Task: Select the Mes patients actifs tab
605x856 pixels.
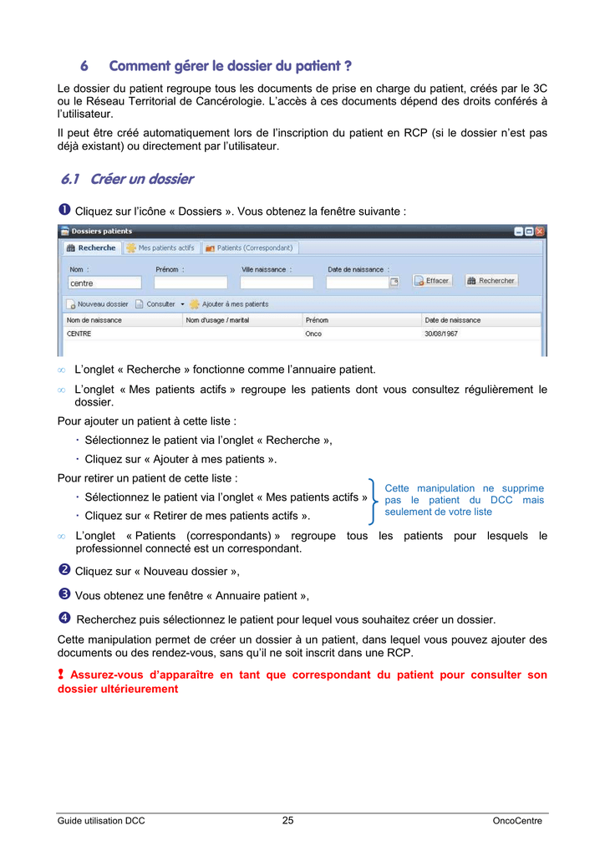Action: [x=160, y=247]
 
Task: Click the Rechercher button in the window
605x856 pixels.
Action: [x=491, y=281]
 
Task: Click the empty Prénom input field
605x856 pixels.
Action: [x=191, y=283]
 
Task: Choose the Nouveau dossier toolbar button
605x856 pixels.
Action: [x=99, y=304]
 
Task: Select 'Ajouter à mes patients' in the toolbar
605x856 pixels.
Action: [x=230, y=304]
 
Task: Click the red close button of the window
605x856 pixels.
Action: [x=540, y=232]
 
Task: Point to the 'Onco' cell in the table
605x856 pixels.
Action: [x=313, y=334]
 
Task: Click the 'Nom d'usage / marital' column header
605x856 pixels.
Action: [x=218, y=320]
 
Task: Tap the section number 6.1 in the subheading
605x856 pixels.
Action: [x=70, y=179]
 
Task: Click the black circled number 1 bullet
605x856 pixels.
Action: [x=64, y=211]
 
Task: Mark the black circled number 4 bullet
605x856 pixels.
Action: [x=64, y=619]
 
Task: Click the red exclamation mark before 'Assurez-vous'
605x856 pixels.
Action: [x=61, y=675]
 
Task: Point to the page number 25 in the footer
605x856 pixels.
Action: [x=288, y=821]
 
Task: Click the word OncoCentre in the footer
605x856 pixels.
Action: [x=517, y=821]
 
